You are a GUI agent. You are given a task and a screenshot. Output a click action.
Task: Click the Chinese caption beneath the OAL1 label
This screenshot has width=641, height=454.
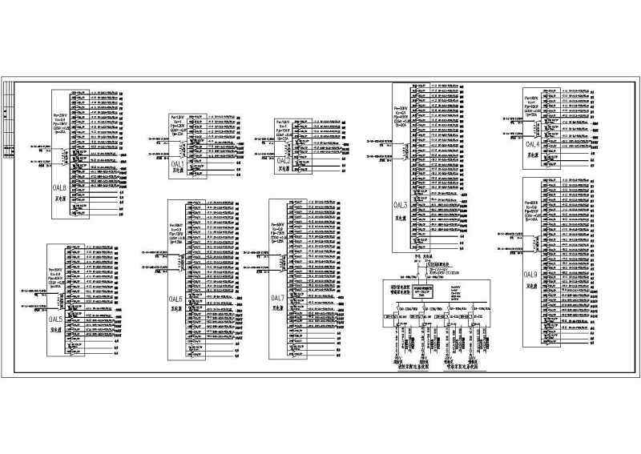(x=176, y=171)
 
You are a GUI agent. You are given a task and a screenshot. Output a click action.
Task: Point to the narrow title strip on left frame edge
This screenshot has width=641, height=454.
(x=9, y=120)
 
